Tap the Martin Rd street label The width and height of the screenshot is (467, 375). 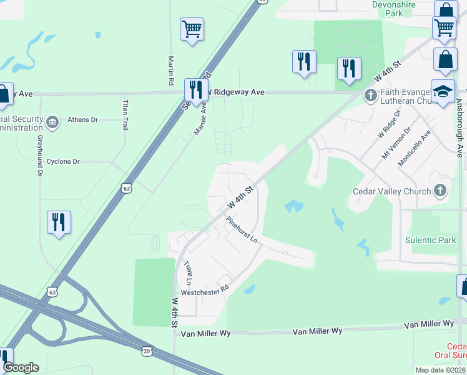pyautogui.click(x=171, y=71)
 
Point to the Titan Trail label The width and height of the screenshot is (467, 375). pyautogui.click(x=125, y=114)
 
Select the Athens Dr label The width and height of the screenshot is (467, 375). pyautogui.click(x=83, y=119)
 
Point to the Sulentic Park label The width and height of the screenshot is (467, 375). pyautogui.click(x=431, y=240)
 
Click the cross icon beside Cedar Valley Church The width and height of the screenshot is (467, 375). pyautogui.click(x=440, y=191)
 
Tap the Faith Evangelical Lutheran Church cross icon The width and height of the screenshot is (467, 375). pyautogui.click(x=370, y=96)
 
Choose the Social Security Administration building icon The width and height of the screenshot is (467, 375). pyautogui.click(x=52, y=121)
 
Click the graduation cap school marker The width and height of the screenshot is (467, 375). pyautogui.click(x=443, y=91)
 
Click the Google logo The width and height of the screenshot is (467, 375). pyautogui.click(x=21, y=367)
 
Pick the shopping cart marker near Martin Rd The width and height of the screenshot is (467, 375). pyautogui.click(x=192, y=29)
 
